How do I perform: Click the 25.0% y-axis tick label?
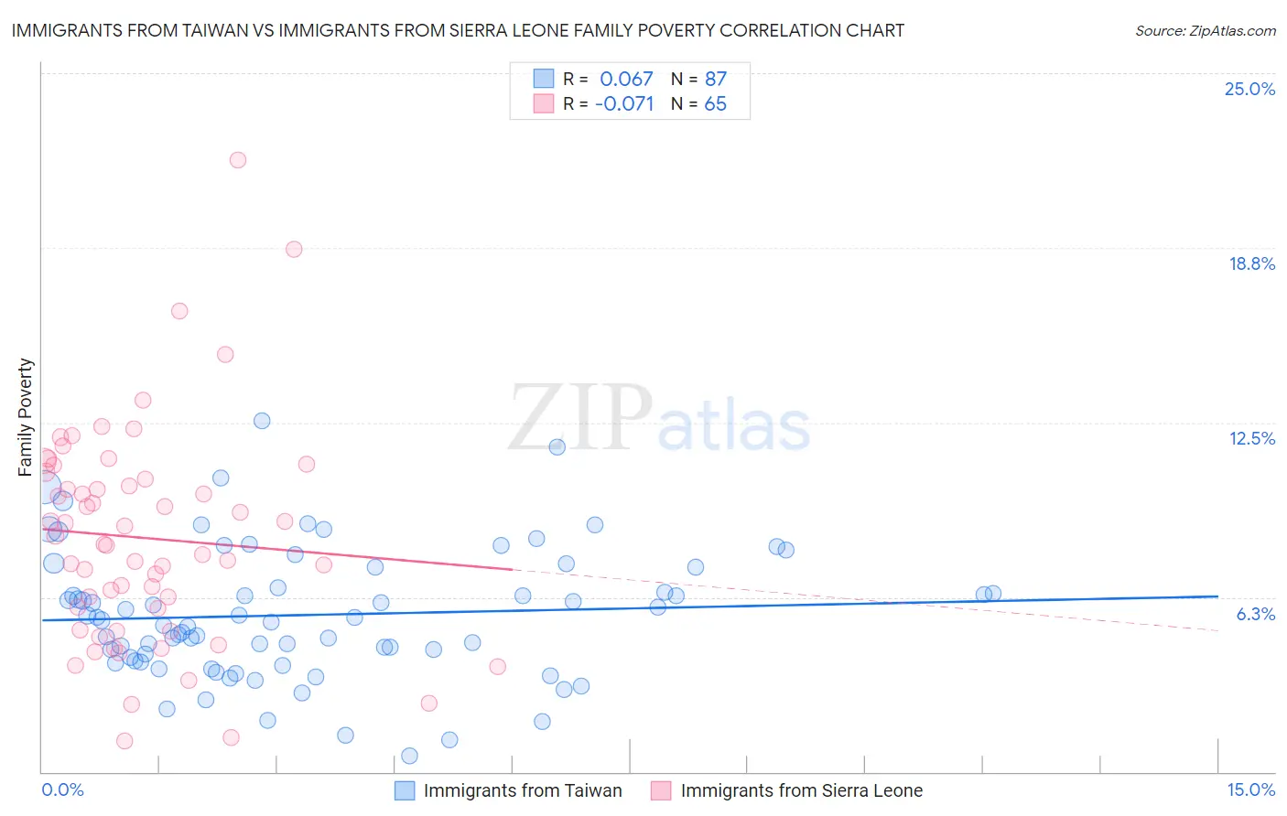[x=1249, y=89]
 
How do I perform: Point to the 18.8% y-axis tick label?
[x=1251, y=263]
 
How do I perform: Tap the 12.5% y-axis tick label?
[x=1251, y=438]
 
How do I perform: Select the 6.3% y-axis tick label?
[x=1255, y=614]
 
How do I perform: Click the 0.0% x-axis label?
[x=62, y=789]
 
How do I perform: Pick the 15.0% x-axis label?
[x=1250, y=789]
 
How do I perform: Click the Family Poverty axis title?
[x=26, y=417]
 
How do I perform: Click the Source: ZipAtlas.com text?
[x=1205, y=30]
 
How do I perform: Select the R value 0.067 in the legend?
[x=626, y=79]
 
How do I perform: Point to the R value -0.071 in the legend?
[x=624, y=103]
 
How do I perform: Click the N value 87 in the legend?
[x=715, y=79]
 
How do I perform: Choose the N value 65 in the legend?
[x=715, y=103]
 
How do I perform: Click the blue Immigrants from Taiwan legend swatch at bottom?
[x=405, y=790]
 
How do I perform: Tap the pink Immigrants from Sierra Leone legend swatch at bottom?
[x=661, y=790]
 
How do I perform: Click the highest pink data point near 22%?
[x=238, y=160]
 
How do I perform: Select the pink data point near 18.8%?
[x=294, y=249]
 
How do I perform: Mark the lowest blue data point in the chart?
[x=409, y=756]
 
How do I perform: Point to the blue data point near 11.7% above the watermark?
[x=557, y=446]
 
